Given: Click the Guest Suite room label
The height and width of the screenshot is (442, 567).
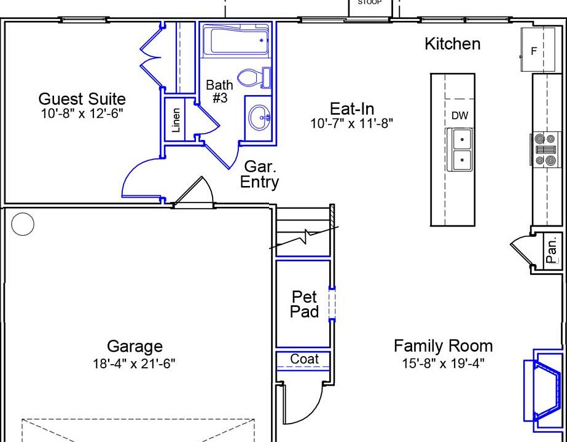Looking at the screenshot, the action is click(x=82, y=99).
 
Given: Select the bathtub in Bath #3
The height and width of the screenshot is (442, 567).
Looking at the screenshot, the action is click(x=236, y=39).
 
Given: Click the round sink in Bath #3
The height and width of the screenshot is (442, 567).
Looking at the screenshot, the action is click(x=260, y=117).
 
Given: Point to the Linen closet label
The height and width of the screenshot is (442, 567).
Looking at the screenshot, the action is click(x=176, y=120).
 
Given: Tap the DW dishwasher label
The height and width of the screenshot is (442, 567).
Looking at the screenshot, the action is click(x=459, y=115).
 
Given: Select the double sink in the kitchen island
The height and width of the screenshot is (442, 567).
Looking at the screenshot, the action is click(x=459, y=150).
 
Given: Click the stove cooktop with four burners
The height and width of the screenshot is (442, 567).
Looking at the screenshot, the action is click(x=545, y=149).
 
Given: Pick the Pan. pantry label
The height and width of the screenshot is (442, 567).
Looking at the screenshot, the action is click(x=552, y=251).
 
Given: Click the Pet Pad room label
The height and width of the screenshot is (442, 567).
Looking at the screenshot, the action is click(x=305, y=304).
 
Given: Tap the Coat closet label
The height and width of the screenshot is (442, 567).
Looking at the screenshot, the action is click(x=305, y=359).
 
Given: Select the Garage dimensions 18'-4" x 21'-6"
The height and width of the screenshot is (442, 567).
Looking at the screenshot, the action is click(x=134, y=363).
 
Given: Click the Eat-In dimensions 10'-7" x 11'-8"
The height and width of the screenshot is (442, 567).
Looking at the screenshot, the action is click(x=351, y=123).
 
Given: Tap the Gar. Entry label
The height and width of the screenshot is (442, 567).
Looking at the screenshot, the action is click(x=260, y=174).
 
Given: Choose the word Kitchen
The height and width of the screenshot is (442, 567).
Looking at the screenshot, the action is click(x=452, y=44).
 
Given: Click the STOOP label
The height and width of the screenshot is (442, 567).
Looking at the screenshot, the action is click(x=370, y=2).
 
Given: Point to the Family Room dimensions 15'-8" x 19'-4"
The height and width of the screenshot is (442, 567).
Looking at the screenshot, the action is click(x=444, y=363).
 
